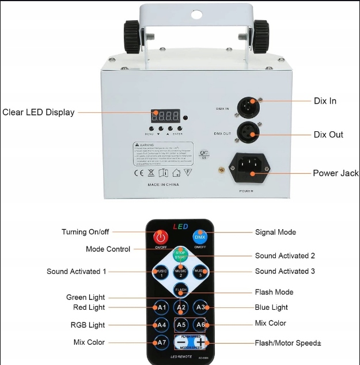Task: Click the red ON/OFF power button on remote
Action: pos(160,237)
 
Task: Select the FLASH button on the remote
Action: pos(181,290)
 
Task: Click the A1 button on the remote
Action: pos(162,307)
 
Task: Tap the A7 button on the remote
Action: pos(162,343)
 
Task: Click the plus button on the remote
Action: pos(199,342)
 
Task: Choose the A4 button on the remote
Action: pos(162,325)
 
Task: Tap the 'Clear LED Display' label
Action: pos(39,112)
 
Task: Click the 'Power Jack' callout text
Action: pos(336,173)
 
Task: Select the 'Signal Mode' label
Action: pos(275,232)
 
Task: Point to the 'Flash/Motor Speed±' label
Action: pos(288,343)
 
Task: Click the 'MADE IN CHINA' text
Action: pos(162,184)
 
